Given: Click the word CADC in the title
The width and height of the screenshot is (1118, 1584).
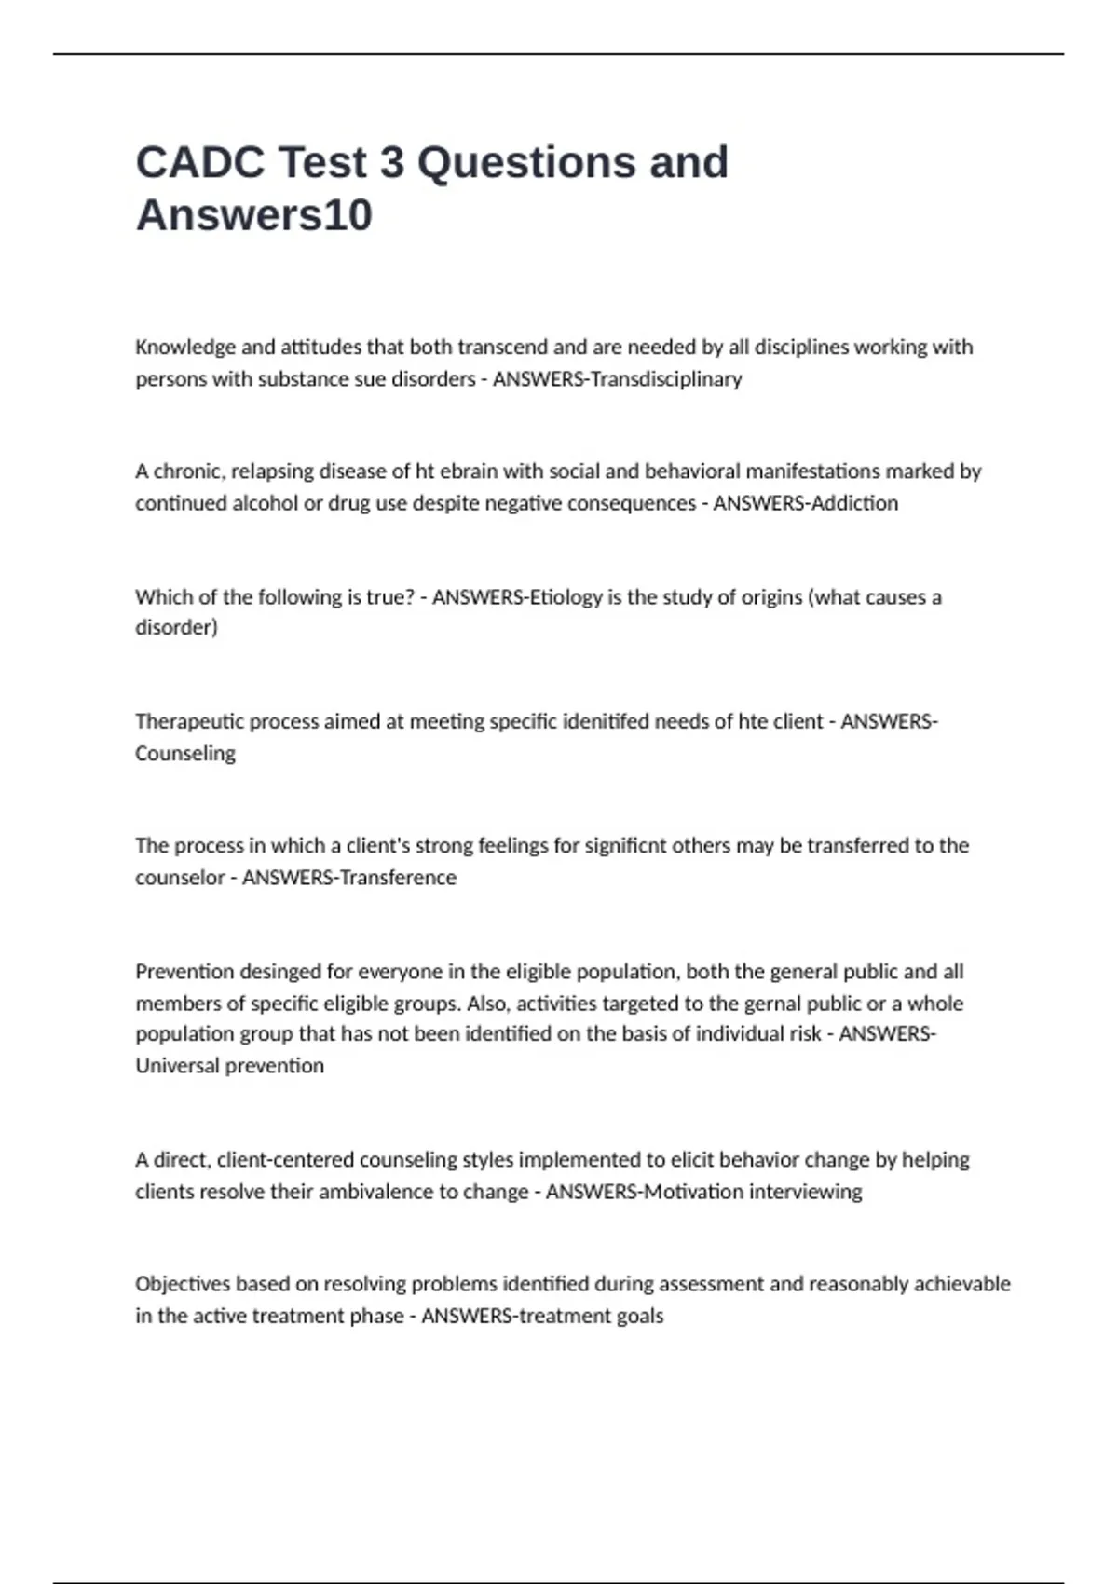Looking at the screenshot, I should click(199, 163).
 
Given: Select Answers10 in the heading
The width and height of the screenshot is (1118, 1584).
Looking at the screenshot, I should click(254, 215).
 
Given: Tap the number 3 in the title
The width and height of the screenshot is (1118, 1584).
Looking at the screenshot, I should click(391, 163).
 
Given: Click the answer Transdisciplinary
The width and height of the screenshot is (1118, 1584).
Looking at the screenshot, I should click(666, 379).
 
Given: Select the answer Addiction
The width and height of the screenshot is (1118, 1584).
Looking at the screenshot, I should click(854, 503).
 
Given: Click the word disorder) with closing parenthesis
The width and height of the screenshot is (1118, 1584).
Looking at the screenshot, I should click(176, 627).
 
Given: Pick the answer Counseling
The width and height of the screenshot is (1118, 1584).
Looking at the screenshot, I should click(184, 754).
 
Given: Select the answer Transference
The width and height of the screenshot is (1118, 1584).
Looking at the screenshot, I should click(398, 878).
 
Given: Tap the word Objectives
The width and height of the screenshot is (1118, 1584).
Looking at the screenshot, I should click(183, 1284).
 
